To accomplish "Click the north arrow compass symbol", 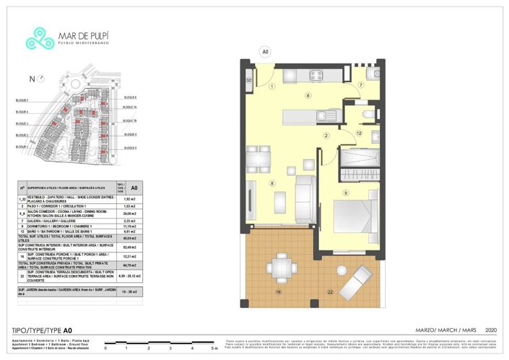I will tap(32, 79).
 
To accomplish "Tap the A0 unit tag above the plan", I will tap(265, 52).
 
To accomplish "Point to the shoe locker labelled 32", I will tap(248, 80).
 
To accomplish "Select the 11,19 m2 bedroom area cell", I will tap(130, 226).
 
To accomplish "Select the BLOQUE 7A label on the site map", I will tap(130, 107).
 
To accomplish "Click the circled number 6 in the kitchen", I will tap(308, 95).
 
